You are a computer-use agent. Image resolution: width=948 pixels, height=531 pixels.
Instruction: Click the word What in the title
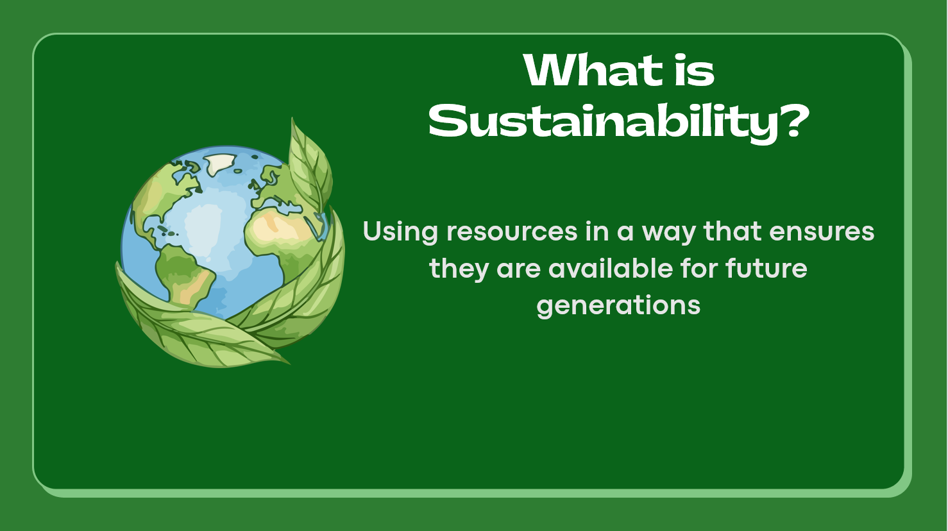[593, 71]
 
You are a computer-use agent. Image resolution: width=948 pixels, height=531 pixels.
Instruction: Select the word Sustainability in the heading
[603, 122]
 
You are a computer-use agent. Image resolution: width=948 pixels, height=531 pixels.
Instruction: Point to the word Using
[400, 233]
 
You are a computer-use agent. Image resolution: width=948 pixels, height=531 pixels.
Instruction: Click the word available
[611, 268]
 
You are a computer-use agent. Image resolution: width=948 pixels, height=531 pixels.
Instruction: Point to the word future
[766, 268]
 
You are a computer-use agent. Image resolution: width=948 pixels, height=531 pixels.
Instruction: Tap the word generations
[618, 307]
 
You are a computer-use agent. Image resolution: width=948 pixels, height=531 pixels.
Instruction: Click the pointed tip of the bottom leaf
[289, 364]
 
